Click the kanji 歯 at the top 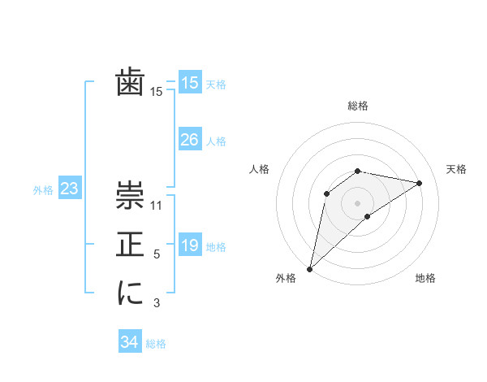click(130, 83)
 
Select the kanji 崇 click(130, 195)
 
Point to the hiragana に click(130, 293)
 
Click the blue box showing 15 click(189, 83)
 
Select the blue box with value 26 click(189, 140)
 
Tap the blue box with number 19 click(189, 245)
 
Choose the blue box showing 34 click(129, 342)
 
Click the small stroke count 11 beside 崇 click(157, 206)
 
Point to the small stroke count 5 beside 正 click(157, 255)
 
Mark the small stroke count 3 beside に click(157, 304)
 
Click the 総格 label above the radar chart click(358, 106)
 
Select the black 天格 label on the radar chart click(456, 169)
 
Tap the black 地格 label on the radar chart click(425, 278)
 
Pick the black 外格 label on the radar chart click(286, 278)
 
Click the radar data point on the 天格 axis click(420, 183)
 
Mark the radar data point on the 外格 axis click(309, 269)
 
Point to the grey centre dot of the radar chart click(357, 202)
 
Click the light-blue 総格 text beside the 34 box click(156, 344)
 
